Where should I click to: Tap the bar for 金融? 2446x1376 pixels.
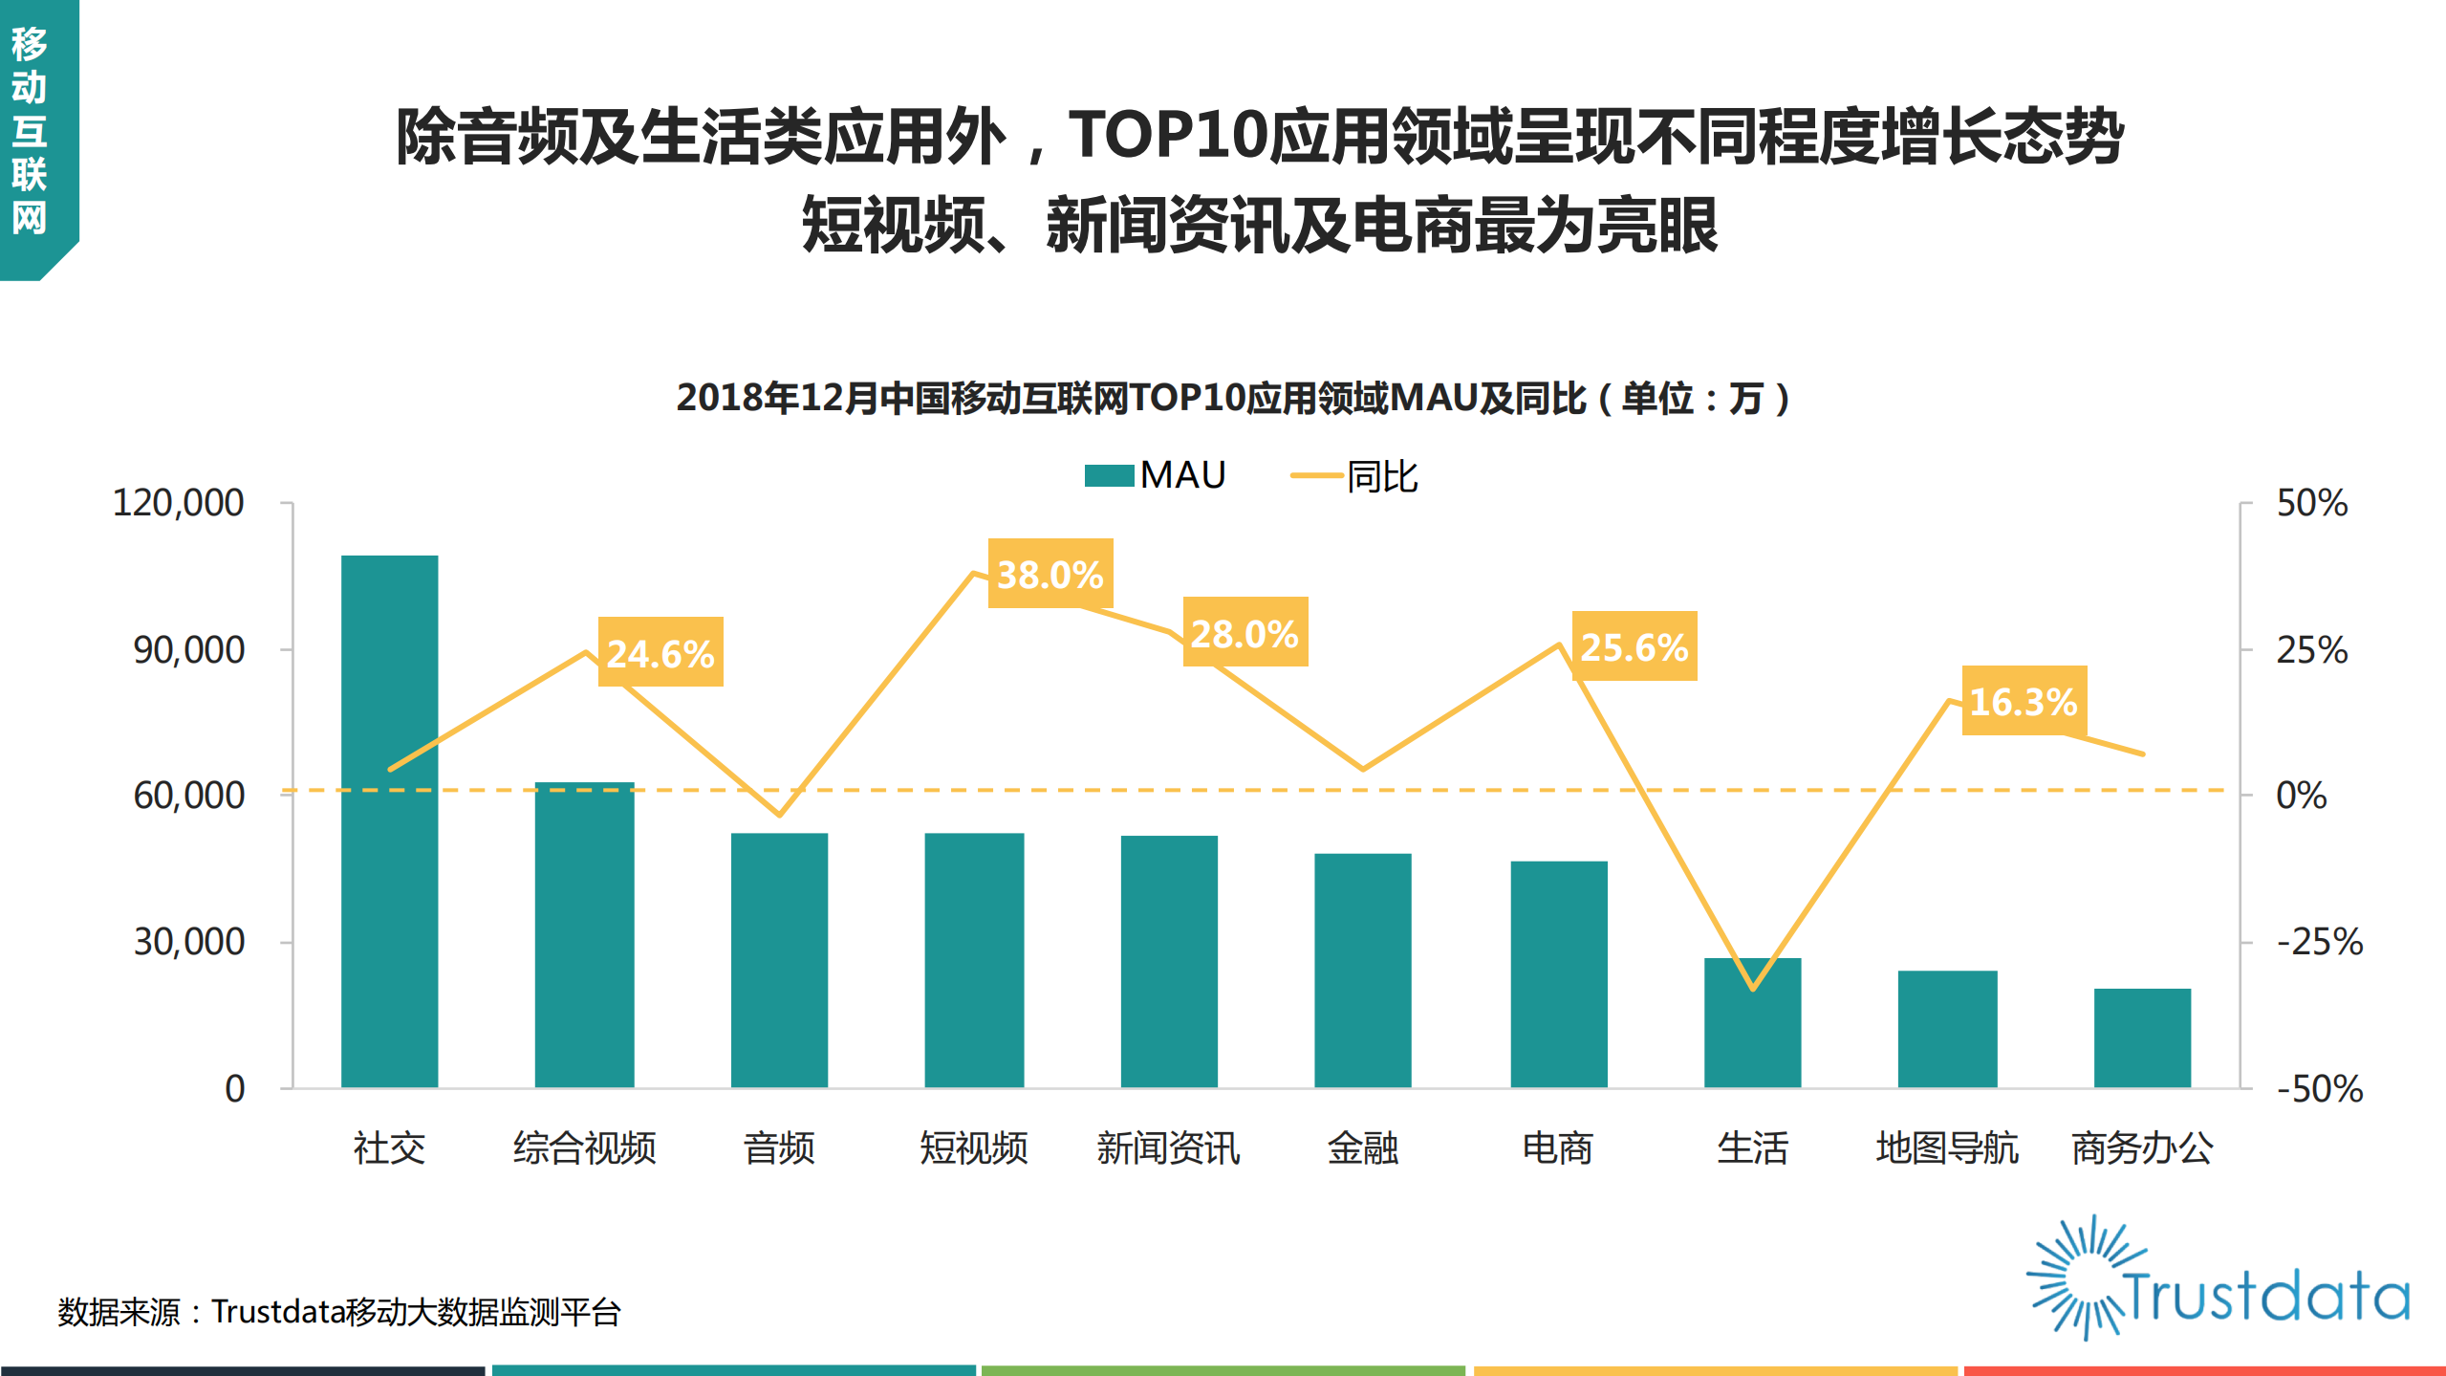pyautogui.click(x=1362, y=970)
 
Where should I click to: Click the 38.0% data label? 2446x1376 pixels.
pyautogui.click(x=1050, y=574)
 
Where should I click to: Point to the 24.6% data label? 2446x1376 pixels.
pyautogui.click(x=660, y=653)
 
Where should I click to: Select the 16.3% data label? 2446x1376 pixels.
pyautogui.click(x=2024, y=701)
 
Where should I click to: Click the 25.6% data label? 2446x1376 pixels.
pyautogui.click(x=1634, y=646)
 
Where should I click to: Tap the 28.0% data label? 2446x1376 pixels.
pyautogui.click(x=1245, y=633)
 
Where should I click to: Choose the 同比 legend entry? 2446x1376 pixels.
pyautogui.click(x=1354, y=475)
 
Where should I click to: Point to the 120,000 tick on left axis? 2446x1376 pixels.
pyautogui.click(x=178, y=502)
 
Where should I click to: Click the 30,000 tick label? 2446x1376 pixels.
pyautogui.click(x=188, y=942)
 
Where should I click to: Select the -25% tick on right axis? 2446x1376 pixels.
pyautogui.click(x=2318, y=942)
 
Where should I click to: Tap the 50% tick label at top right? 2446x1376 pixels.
pyautogui.click(x=2310, y=503)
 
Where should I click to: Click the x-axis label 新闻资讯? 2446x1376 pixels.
pyautogui.click(x=1168, y=1147)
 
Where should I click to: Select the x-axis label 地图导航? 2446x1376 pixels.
pyautogui.click(x=1946, y=1147)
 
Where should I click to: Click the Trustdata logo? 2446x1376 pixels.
pyautogui.click(x=2218, y=1279)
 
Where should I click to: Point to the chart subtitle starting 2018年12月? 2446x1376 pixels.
pyautogui.click(x=1232, y=398)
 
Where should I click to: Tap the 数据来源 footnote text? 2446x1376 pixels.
pyautogui.click(x=339, y=1311)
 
